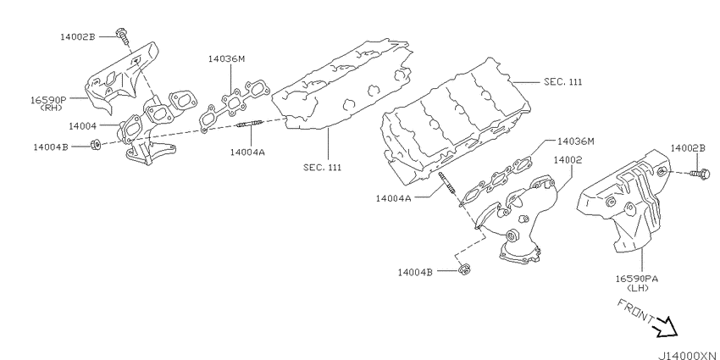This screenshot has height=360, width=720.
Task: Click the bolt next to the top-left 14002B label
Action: [x=123, y=36]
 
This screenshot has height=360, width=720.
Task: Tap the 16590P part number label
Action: [x=48, y=100]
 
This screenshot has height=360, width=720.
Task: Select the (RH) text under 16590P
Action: [x=51, y=108]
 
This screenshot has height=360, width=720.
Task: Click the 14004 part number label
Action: [x=83, y=125]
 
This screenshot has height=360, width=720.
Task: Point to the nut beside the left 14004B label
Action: [x=96, y=145]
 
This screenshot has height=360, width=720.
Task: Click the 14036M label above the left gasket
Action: [x=227, y=58]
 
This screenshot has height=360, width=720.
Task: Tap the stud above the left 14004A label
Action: [x=249, y=124]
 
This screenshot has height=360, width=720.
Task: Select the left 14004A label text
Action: [x=248, y=152]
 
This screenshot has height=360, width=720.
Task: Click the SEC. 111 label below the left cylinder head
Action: [x=323, y=167]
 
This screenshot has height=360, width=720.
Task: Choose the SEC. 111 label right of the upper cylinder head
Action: [x=563, y=81]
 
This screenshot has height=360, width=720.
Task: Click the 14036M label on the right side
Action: [x=575, y=141]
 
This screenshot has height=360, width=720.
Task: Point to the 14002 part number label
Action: [x=568, y=160]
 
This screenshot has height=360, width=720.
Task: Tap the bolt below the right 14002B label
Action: [x=701, y=174]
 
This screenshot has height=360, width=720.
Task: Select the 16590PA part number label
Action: [x=636, y=279]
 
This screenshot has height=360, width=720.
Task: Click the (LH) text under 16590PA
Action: [x=637, y=288]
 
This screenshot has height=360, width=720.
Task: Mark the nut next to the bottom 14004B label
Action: [x=465, y=269]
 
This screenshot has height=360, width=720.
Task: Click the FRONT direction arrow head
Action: [x=669, y=327]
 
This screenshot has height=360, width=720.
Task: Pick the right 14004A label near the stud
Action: [x=394, y=198]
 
